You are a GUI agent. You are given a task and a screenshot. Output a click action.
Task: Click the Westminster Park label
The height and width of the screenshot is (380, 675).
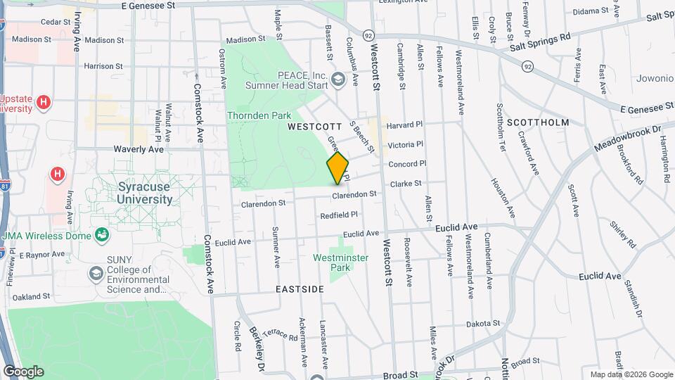[x=340, y=262]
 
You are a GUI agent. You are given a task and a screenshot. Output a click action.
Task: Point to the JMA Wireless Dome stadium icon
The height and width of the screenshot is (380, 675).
[x=103, y=234]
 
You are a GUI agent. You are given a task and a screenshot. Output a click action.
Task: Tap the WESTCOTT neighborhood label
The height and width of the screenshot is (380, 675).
[x=314, y=127]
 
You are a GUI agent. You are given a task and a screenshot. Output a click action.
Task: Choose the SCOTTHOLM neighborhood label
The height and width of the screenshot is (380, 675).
[x=542, y=122]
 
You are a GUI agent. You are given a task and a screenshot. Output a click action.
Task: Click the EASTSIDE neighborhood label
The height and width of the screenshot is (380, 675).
[x=300, y=289]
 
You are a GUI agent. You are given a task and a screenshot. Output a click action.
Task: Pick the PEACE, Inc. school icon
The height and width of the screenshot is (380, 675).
[x=339, y=78]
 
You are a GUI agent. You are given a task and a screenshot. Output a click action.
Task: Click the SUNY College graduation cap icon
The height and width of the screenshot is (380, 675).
[x=95, y=272]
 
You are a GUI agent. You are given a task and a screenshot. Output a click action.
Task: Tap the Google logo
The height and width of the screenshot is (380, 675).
[x=23, y=371]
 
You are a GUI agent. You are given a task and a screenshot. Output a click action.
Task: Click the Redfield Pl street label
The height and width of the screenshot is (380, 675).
[x=339, y=215]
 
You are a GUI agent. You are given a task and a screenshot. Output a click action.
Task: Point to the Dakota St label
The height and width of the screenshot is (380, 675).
[x=482, y=324]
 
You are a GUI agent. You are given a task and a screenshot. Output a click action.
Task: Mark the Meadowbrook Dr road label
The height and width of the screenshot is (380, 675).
[x=628, y=137]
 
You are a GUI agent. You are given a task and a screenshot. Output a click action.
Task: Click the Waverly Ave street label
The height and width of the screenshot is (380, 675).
[x=139, y=149]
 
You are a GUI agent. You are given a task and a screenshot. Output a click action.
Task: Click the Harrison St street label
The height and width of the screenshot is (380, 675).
[x=103, y=66]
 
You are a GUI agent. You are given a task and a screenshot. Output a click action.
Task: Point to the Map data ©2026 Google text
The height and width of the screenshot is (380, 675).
[x=631, y=374]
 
